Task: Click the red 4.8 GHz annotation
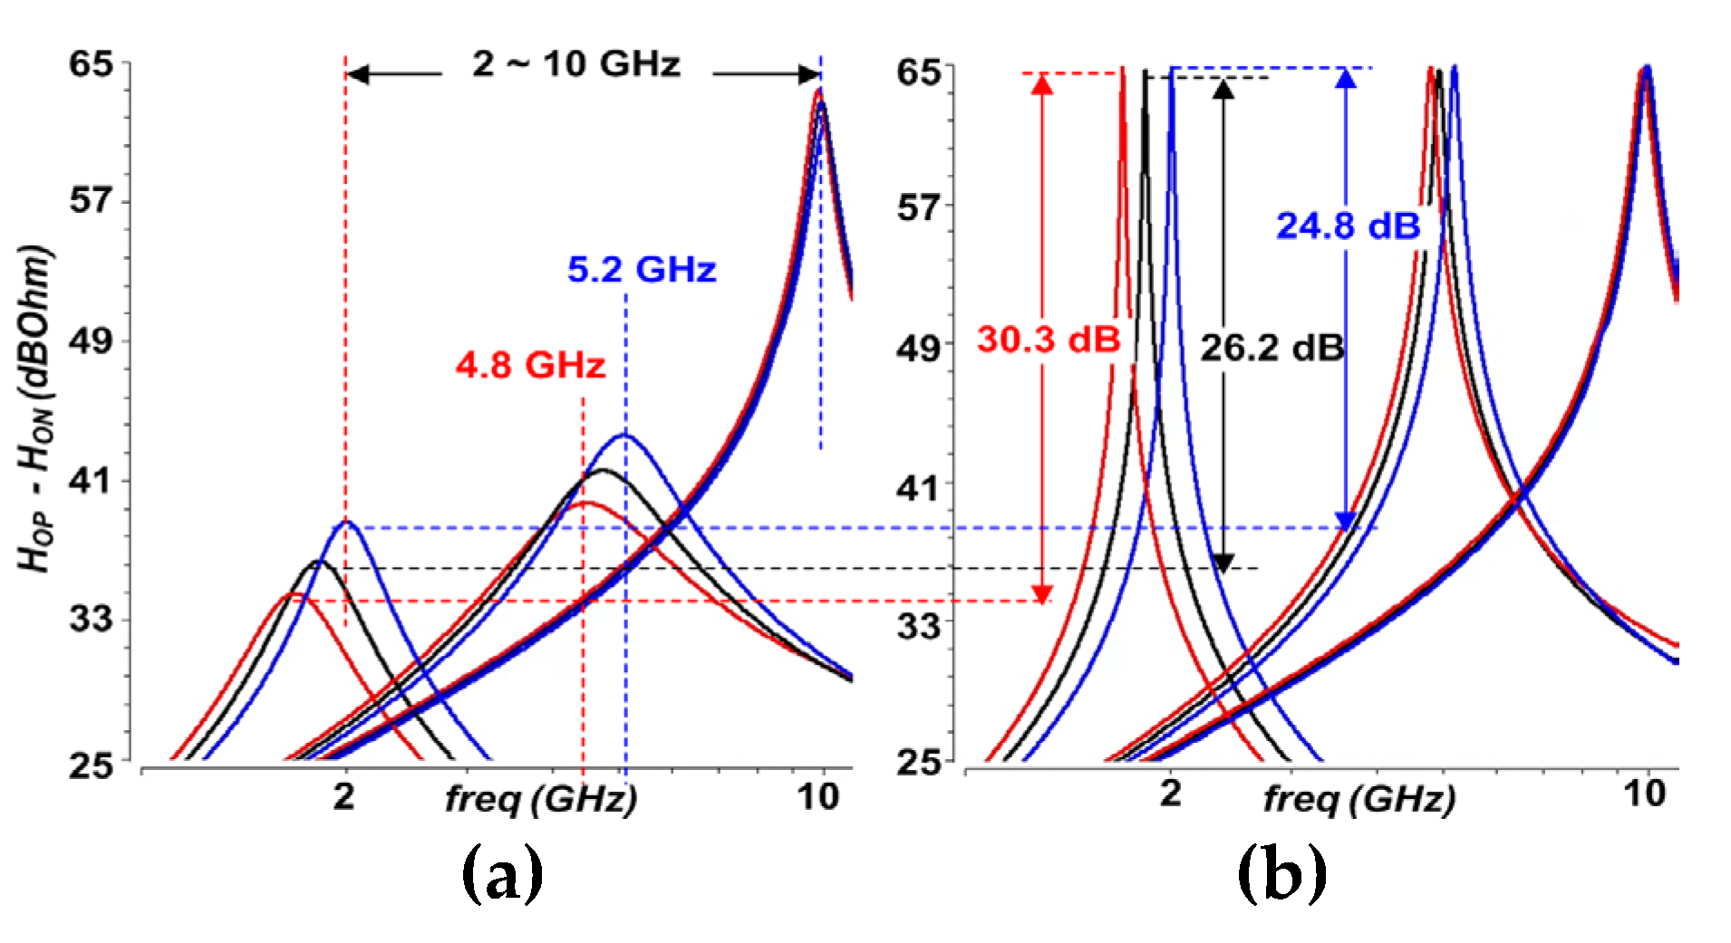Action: coord(530,365)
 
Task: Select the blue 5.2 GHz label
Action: coord(642,270)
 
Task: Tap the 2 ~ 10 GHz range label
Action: coord(576,65)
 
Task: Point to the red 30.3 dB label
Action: coord(1049,340)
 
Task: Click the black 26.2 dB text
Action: coord(1272,348)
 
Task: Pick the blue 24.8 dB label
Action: coord(1348,226)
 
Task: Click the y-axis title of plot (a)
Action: coord(36,408)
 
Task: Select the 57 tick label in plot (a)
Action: coord(91,200)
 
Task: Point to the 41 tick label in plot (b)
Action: coord(919,489)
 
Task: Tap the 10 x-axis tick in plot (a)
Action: coord(817,797)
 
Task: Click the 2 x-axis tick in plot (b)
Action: coord(1171,794)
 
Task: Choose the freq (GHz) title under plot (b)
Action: coord(1359,799)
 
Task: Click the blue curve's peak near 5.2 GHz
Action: coord(624,436)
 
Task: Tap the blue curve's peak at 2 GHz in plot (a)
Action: coord(346,522)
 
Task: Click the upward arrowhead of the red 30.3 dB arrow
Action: coord(1042,84)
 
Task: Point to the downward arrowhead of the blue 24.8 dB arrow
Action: coord(1346,521)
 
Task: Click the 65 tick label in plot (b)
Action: coord(919,72)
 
